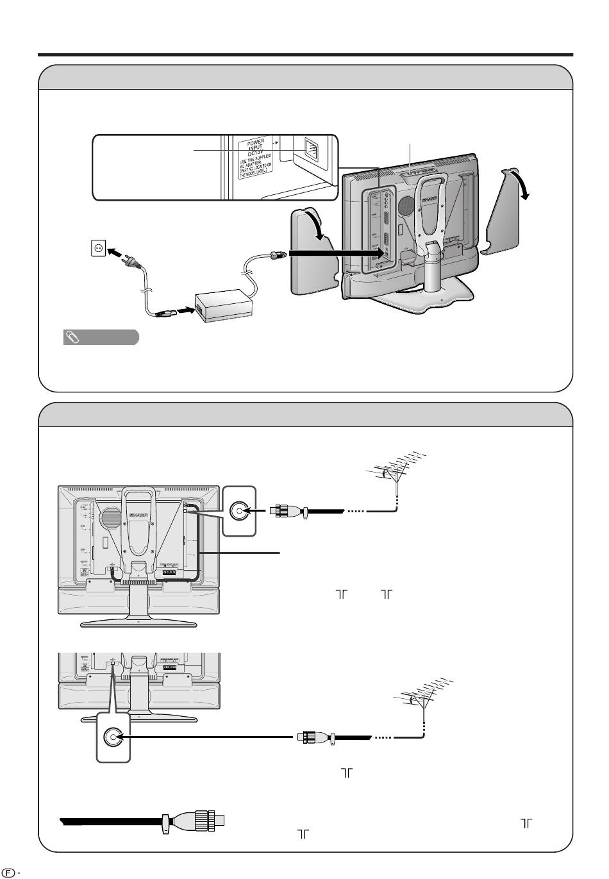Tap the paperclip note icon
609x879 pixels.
click(x=72, y=337)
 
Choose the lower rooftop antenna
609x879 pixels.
click(x=424, y=699)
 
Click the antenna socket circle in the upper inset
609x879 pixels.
click(x=238, y=511)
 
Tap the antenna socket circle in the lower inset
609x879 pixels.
click(x=113, y=738)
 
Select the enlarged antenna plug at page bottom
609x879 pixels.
click(x=199, y=821)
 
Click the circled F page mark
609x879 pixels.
click(x=8, y=873)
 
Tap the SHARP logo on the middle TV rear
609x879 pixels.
click(x=138, y=514)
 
